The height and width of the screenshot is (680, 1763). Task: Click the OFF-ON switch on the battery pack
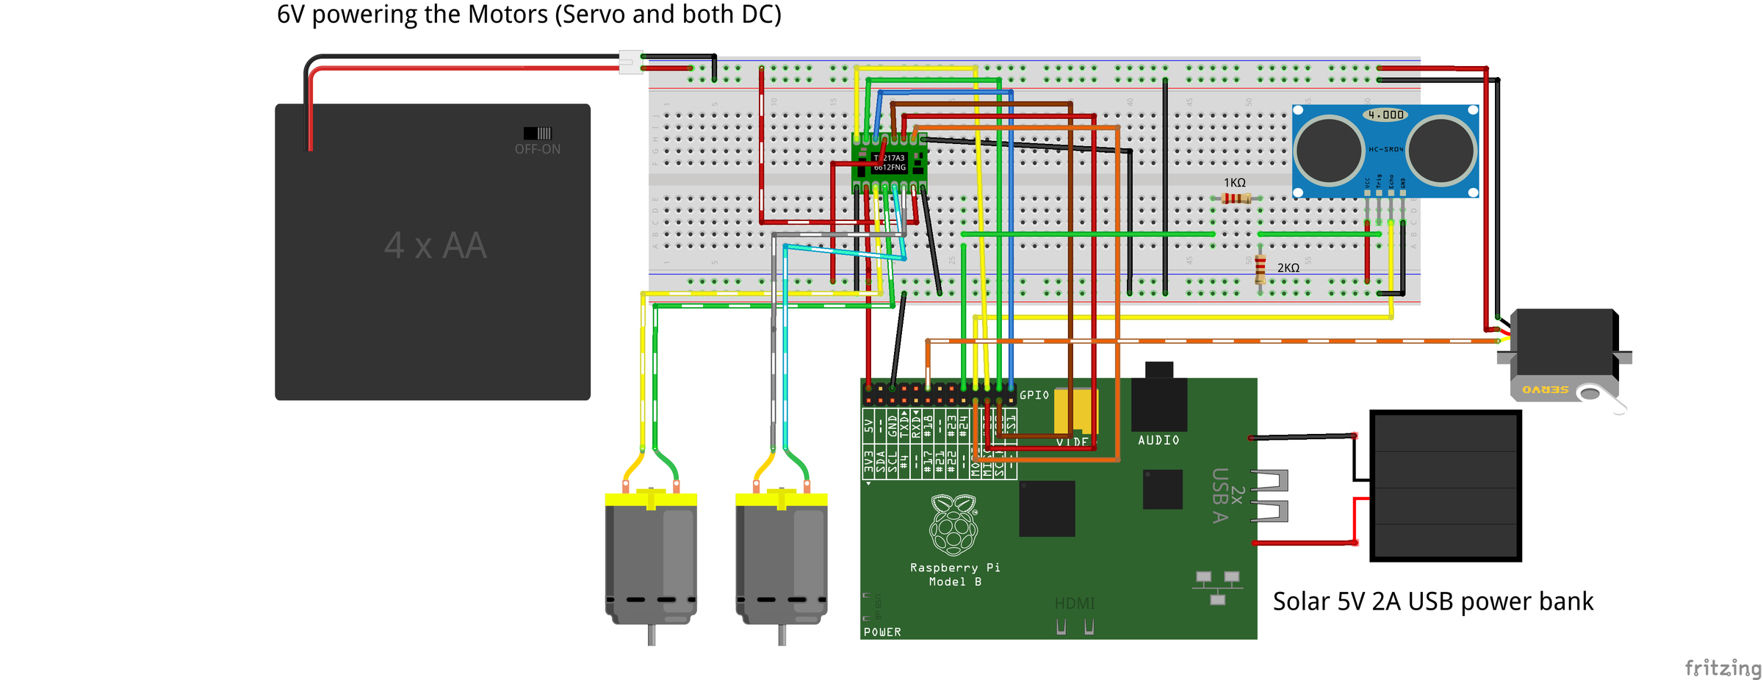[x=537, y=134]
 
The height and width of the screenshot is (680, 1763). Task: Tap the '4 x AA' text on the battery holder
[x=435, y=245]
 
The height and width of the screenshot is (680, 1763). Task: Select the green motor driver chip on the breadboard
[x=890, y=163]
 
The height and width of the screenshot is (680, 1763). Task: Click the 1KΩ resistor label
[x=1234, y=183]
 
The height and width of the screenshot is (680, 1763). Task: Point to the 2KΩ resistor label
[x=1288, y=268]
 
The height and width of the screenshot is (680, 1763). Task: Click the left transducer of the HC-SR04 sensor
[x=1329, y=150]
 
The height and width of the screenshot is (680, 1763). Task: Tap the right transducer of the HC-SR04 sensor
[x=1441, y=150]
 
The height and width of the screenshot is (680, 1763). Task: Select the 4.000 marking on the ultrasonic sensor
[x=1385, y=115]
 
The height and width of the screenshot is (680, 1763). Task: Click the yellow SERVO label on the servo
[x=1545, y=390]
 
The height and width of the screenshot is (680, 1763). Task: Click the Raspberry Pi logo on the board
[x=953, y=524]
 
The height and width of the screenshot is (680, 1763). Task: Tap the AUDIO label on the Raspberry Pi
[x=1158, y=441]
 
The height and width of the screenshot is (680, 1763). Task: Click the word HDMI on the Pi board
[x=1075, y=604]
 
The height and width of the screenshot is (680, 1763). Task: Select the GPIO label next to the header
[x=1034, y=395]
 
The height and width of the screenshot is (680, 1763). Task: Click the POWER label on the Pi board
[x=882, y=632]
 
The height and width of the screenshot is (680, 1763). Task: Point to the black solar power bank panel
[x=1445, y=486]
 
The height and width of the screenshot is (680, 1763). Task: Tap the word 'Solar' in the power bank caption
[x=1301, y=601]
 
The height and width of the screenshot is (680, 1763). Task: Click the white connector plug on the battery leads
[x=630, y=62]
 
